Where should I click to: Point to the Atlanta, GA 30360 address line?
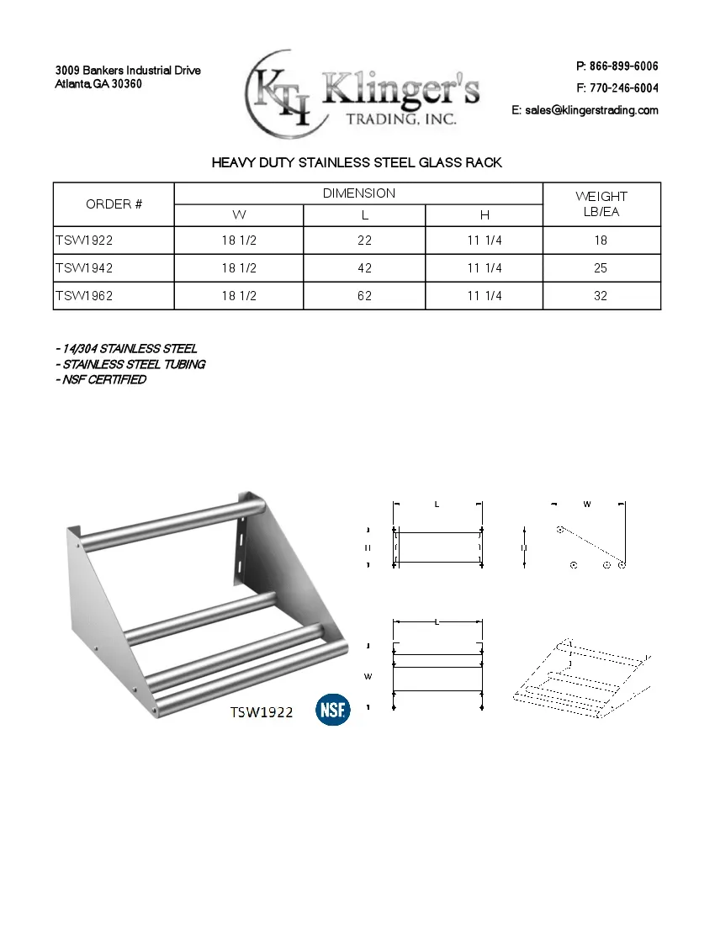(x=98, y=84)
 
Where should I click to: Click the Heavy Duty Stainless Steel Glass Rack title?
(x=357, y=162)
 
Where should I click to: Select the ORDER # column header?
(x=114, y=204)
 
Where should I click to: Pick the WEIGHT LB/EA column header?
(x=601, y=204)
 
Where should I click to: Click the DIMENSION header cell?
(x=358, y=193)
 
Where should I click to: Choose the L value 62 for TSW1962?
(x=364, y=296)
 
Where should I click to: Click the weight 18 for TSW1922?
(x=601, y=240)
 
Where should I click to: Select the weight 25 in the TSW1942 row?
(x=601, y=268)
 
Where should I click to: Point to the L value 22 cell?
(x=364, y=240)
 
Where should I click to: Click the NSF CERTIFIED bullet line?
(x=101, y=380)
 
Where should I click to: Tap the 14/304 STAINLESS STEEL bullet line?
(x=126, y=349)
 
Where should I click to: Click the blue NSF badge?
(x=333, y=711)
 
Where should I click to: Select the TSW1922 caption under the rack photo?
(x=262, y=712)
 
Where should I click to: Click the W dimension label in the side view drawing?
(x=587, y=505)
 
